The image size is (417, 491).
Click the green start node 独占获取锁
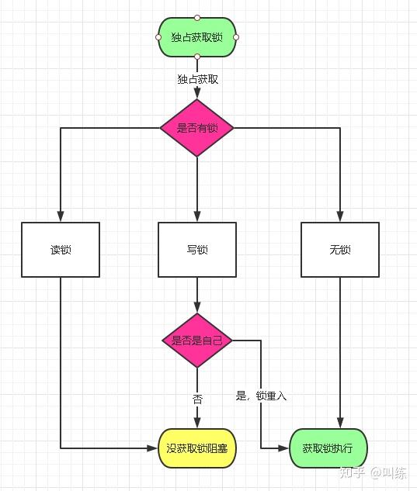[x=197, y=37]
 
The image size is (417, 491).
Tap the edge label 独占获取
[x=197, y=79]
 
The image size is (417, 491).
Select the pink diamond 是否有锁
[x=197, y=128]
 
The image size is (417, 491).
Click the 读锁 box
[x=61, y=250]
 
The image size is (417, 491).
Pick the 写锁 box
[x=197, y=250]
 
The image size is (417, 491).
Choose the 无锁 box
[x=340, y=250]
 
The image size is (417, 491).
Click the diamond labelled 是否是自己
[x=197, y=341]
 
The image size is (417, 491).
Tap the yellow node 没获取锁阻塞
[x=197, y=448]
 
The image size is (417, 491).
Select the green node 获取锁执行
[x=328, y=448]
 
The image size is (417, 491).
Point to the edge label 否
[x=197, y=399]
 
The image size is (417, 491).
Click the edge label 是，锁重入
[x=261, y=396]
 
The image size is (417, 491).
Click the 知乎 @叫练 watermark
[x=373, y=473]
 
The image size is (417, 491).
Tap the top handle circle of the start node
[x=197, y=17]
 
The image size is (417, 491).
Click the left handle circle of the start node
[x=158, y=37]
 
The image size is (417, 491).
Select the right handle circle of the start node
[x=236, y=37]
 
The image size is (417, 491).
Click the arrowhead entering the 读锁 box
[x=61, y=216]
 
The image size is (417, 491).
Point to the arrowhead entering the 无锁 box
[x=340, y=216]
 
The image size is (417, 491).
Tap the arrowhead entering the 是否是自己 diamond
[x=197, y=307]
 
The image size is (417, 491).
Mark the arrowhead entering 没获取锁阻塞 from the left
[x=152, y=448]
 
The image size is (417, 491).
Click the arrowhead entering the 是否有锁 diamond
[x=197, y=93]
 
